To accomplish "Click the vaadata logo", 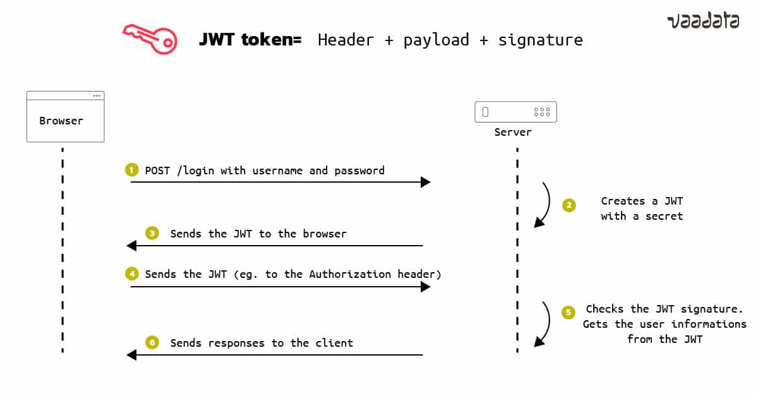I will tap(702, 21).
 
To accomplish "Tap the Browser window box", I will tap(65, 117).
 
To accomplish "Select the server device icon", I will tap(515, 112).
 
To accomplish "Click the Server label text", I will tap(512, 132).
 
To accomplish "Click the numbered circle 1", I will tap(131, 171).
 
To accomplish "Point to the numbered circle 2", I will tap(569, 205).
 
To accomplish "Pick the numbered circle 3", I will tap(152, 234).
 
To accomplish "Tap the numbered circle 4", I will tap(131, 274).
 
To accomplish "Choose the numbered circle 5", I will tap(569, 312).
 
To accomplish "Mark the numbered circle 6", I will tap(152, 343).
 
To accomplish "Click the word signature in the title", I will tap(540, 40).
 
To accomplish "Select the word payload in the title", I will tap(436, 40).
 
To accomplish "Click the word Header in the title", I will tap(346, 40).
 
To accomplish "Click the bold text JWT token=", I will tap(250, 40).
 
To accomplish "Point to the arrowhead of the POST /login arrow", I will tap(426, 183).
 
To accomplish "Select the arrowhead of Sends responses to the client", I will tap(131, 355).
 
